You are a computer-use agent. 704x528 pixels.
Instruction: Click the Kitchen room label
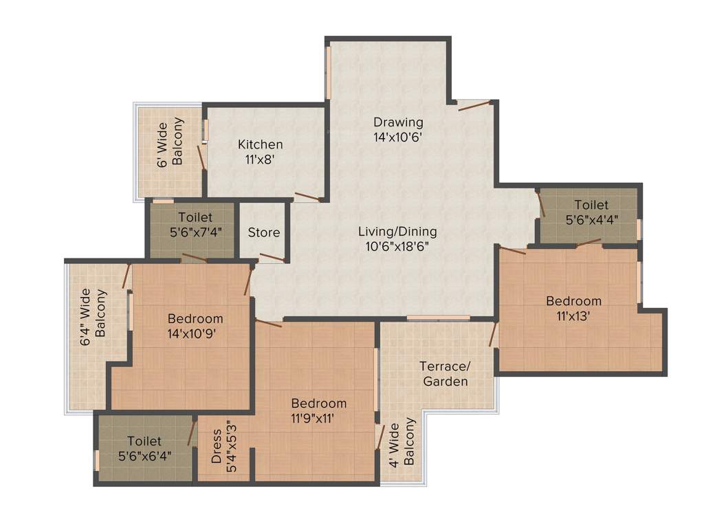coord(260,144)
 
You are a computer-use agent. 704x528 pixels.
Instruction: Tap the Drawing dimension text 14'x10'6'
coord(397,136)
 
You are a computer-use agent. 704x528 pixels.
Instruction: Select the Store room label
coord(264,232)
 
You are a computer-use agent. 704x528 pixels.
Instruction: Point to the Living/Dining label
coord(397,232)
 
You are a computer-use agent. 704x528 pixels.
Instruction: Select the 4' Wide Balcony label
coord(401,442)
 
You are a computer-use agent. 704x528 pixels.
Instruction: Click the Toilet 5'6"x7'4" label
coord(195,225)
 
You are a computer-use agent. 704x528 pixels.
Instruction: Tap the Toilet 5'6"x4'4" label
coord(591,212)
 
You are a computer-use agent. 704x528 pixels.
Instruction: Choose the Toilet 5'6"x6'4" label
coord(144,448)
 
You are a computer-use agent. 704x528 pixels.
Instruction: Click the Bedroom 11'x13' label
coord(573,309)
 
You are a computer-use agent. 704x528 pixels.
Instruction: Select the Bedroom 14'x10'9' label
coord(195,327)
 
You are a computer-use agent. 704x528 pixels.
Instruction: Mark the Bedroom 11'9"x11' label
coord(318,410)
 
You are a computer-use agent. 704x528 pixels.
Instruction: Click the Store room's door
coord(272,258)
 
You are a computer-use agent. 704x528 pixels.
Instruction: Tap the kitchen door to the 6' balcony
coord(201,157)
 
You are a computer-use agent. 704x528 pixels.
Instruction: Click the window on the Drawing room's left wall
coord(329,72)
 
